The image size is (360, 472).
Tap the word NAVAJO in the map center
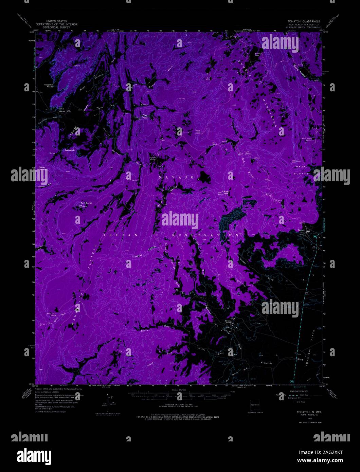pos(176,177)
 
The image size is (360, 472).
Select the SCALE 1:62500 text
pos(180,390)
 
